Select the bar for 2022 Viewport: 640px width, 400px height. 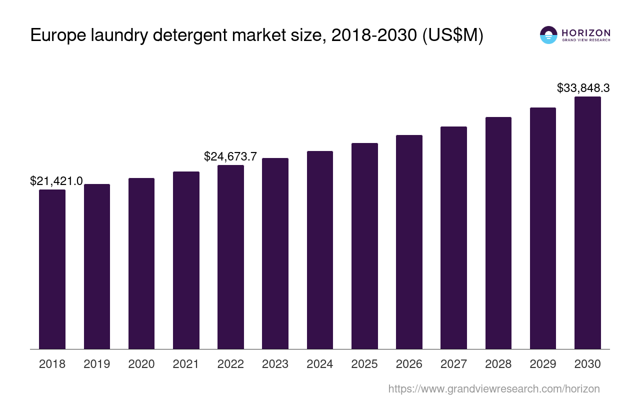(x=230, y=257)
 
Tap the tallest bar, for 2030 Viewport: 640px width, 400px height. (x=587, y=222)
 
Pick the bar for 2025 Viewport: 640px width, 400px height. (x=364, y=246)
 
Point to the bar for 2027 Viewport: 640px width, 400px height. (x=453, y=237)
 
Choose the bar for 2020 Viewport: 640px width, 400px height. (x=141, y=263)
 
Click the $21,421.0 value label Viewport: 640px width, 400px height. (x=56, y=181)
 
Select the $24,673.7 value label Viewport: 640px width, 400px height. (x=230, y=156)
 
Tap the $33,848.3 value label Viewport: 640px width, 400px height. (x=583, y=88)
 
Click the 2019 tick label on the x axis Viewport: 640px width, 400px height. (x=97, y=364)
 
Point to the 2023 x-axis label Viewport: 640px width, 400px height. (x=275, y=364)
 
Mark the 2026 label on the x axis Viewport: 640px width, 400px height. (x=409, y=364)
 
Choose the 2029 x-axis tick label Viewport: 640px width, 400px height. (x=543, y=364)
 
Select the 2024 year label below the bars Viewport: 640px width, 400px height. (x=320, y=364)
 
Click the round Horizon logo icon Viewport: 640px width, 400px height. (x=548, y=35)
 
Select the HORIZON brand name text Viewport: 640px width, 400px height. (x=586, y=32)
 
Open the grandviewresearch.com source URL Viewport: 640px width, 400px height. (x=493, y=388)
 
